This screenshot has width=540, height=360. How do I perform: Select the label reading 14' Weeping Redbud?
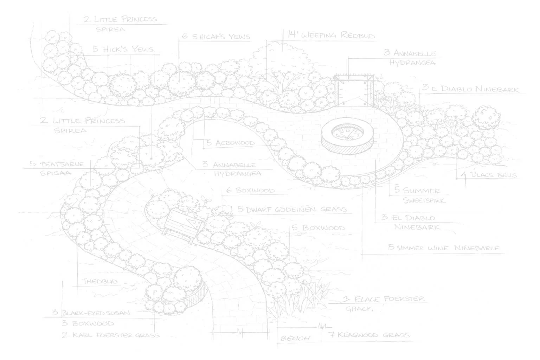point(331,36)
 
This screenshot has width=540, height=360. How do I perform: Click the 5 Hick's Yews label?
point(123,49)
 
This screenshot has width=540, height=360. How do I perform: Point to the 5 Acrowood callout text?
point(231,143)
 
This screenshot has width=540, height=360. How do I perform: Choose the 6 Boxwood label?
point(251,191)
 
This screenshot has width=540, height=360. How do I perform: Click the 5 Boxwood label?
point(319,228)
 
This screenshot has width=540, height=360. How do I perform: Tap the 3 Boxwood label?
point(88,323)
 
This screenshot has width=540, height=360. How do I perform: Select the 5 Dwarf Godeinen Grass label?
point(292,210)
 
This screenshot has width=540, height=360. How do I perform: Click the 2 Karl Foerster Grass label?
point(111,335)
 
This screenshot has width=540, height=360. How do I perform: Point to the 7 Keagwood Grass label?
point(369,335)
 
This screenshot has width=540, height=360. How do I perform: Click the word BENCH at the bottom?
point(296,338)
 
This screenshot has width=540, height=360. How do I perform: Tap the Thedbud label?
point(100,281)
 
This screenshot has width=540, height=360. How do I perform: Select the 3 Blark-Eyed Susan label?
point(91,313)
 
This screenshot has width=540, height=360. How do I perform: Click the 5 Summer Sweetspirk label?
point(417,195)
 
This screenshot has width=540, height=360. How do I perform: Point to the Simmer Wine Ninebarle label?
point(444,248)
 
